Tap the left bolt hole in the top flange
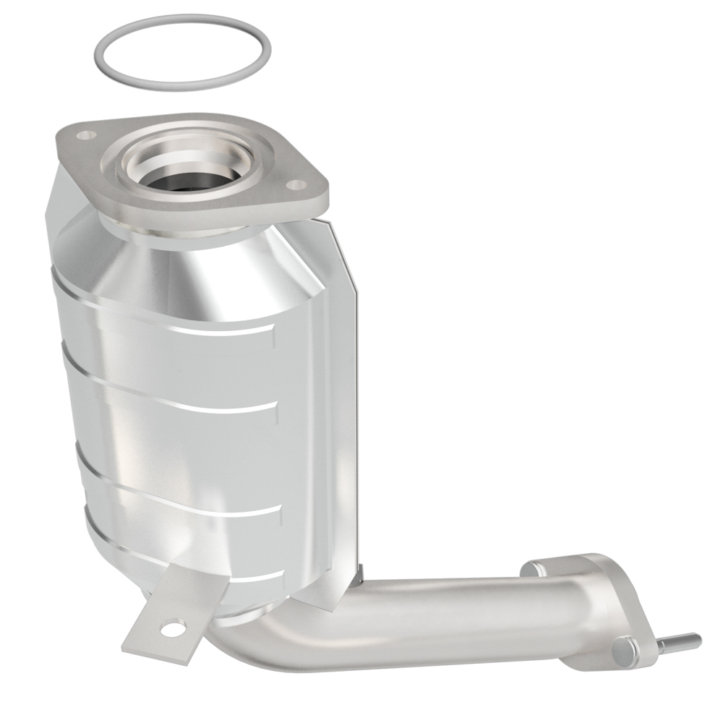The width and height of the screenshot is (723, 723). click(x=86, y=134)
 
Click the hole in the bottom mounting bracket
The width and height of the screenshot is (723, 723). click(x=172, y=630)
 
